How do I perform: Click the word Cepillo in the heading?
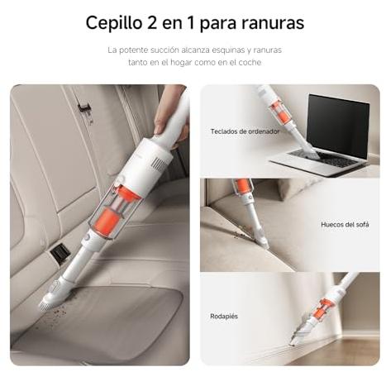(113, 23)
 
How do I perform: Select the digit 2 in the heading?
(152, 22)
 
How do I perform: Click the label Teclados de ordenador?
(245, 131)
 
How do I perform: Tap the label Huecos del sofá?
(345, 225)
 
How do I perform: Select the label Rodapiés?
(224, 317)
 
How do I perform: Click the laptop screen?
(338, 126)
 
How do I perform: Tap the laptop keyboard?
(325, 160)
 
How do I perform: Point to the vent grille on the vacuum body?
(159, 163)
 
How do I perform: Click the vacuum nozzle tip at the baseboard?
(292, 343)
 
